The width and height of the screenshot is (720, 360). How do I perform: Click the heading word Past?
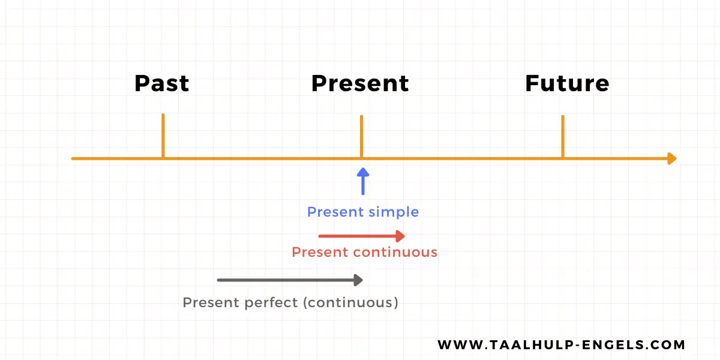161,83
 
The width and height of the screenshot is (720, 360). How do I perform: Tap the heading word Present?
360,83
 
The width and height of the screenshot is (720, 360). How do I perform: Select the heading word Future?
567,83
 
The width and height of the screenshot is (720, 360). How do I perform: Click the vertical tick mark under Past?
163,135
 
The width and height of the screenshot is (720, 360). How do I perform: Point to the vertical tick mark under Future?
563,136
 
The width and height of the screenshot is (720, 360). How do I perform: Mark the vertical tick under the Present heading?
361,136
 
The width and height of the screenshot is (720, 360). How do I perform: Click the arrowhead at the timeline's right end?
672,158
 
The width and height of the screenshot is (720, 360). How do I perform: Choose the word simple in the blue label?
394,212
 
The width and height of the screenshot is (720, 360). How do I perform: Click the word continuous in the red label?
395,252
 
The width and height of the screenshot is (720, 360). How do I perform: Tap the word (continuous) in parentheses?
350,302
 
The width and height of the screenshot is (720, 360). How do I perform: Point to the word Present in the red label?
320,252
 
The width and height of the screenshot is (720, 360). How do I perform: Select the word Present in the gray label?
211,302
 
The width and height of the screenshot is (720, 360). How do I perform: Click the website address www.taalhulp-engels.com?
561,345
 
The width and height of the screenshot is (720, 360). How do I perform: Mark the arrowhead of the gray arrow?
359,280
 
